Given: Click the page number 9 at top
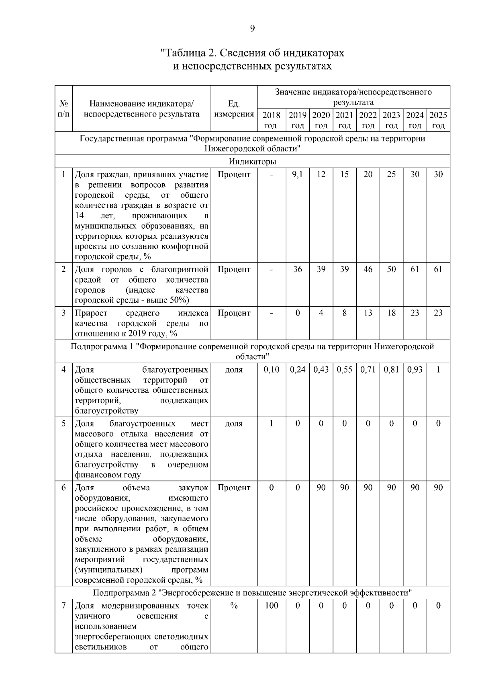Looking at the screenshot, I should (252, 29).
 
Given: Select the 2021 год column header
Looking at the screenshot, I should (344, 120).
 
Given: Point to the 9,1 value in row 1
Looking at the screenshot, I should (297, 174).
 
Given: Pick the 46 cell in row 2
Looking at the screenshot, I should (368, 269).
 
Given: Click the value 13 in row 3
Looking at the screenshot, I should (368, 313).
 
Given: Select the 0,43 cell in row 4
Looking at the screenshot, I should (321, 370).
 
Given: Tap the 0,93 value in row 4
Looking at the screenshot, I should (415, 370).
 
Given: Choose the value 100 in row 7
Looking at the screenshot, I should (272, 606).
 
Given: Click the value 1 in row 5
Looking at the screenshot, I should (272, 424).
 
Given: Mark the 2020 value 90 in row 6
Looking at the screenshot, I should (321, 488).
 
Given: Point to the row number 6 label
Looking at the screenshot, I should (63, 488).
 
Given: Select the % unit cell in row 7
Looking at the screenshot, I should (234, 606).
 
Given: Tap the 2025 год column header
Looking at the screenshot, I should (438, 120).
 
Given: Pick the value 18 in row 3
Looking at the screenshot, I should (391, 313).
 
